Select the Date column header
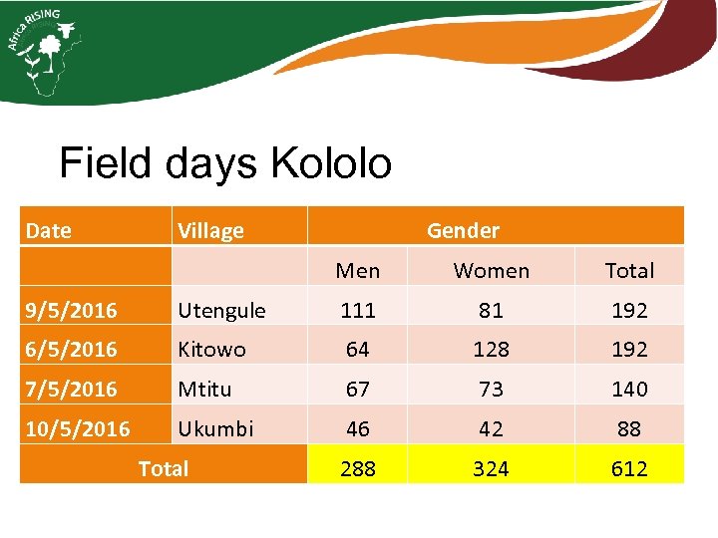[49, 231]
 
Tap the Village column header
[210, 231]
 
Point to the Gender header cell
[463, 230]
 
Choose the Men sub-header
[358, 270]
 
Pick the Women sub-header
[492, 270]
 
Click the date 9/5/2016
[72, 310]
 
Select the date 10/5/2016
[78, 428]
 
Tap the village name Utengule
[221, 310]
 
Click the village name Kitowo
[211, 350]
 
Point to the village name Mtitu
[203, 389]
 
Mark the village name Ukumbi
[215, 428]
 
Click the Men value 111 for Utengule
[358, 310]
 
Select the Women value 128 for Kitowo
[491, 350]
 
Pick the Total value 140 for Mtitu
[629, 389]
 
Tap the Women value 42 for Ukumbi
[491, 428]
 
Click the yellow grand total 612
[629, 468]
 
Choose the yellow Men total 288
[358, 468]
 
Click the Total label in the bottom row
[164, 468]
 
